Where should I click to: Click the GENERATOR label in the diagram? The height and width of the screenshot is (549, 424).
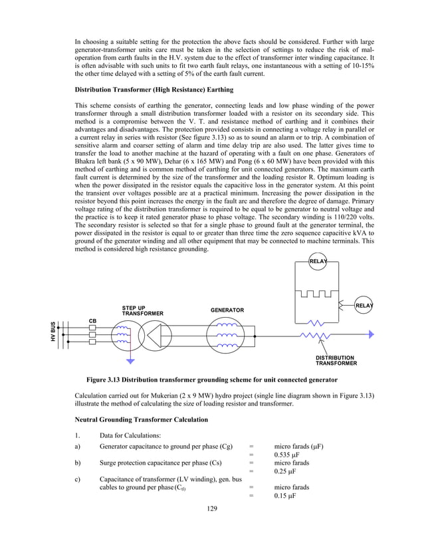click(227, 310)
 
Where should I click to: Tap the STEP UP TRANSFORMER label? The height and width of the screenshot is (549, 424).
click(142, 310)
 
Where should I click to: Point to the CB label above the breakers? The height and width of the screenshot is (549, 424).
click(93, 321)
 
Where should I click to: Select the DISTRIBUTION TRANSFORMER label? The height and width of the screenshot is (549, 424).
click(336, 361)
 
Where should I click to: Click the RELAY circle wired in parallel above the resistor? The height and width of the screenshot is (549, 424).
click(318, 262)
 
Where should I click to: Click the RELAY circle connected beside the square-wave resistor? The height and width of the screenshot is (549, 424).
click(364, 305)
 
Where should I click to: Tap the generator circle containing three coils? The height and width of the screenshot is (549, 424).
click(228, 335)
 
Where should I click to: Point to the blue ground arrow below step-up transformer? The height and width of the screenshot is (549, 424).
click(130, 361)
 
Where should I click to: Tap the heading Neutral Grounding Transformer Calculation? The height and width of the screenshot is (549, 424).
click(142, 419)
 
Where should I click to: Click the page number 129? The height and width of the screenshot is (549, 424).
click(211, 508)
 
